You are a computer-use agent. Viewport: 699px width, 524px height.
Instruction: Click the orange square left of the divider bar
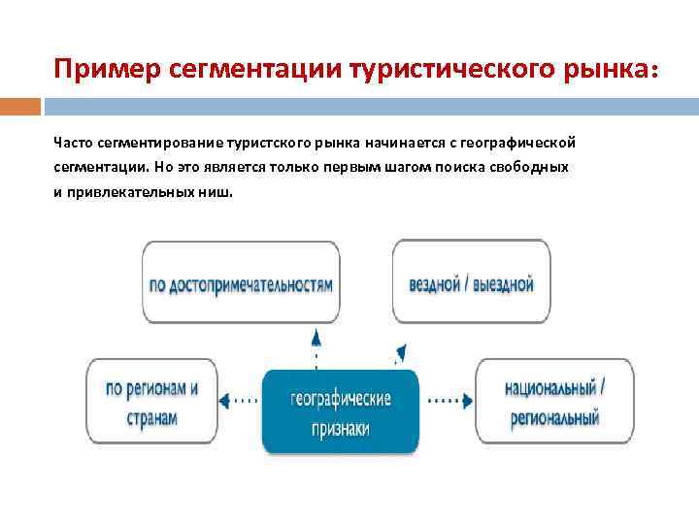pos(20,106)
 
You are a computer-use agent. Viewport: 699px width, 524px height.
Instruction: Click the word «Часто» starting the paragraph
pos(72,143)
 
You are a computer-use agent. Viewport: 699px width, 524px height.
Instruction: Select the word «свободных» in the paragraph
pos(532,167)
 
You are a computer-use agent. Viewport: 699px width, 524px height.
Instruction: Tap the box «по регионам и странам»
pos(151,401)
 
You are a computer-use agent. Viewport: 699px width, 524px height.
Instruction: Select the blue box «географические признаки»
pos(341,411)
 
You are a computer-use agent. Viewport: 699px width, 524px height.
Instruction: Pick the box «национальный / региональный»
pos(554,401)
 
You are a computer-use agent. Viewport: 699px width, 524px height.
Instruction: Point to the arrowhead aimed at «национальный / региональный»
pos(468,399)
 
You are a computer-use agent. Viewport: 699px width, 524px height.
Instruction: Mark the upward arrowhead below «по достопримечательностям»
pos(315,338)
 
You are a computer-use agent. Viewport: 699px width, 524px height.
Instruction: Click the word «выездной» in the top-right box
pos(502,284)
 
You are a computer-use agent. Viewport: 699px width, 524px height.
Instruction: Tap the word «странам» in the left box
pos(152,418)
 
